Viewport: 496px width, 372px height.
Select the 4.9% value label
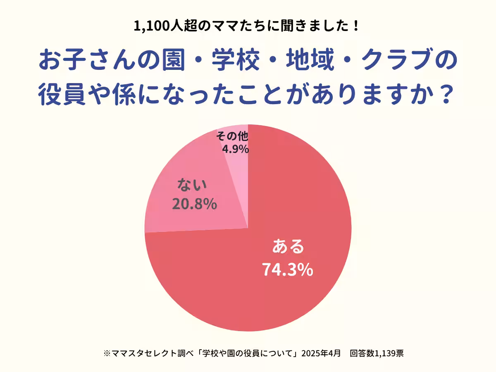[x=236, y=148]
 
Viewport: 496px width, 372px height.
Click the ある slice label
[x=288, y=247]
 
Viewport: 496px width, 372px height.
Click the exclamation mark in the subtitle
[x=356, y=27]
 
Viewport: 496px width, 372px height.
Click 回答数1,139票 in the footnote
[x=377, y=353]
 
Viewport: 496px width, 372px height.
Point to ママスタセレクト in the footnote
[x=143, y=353]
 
